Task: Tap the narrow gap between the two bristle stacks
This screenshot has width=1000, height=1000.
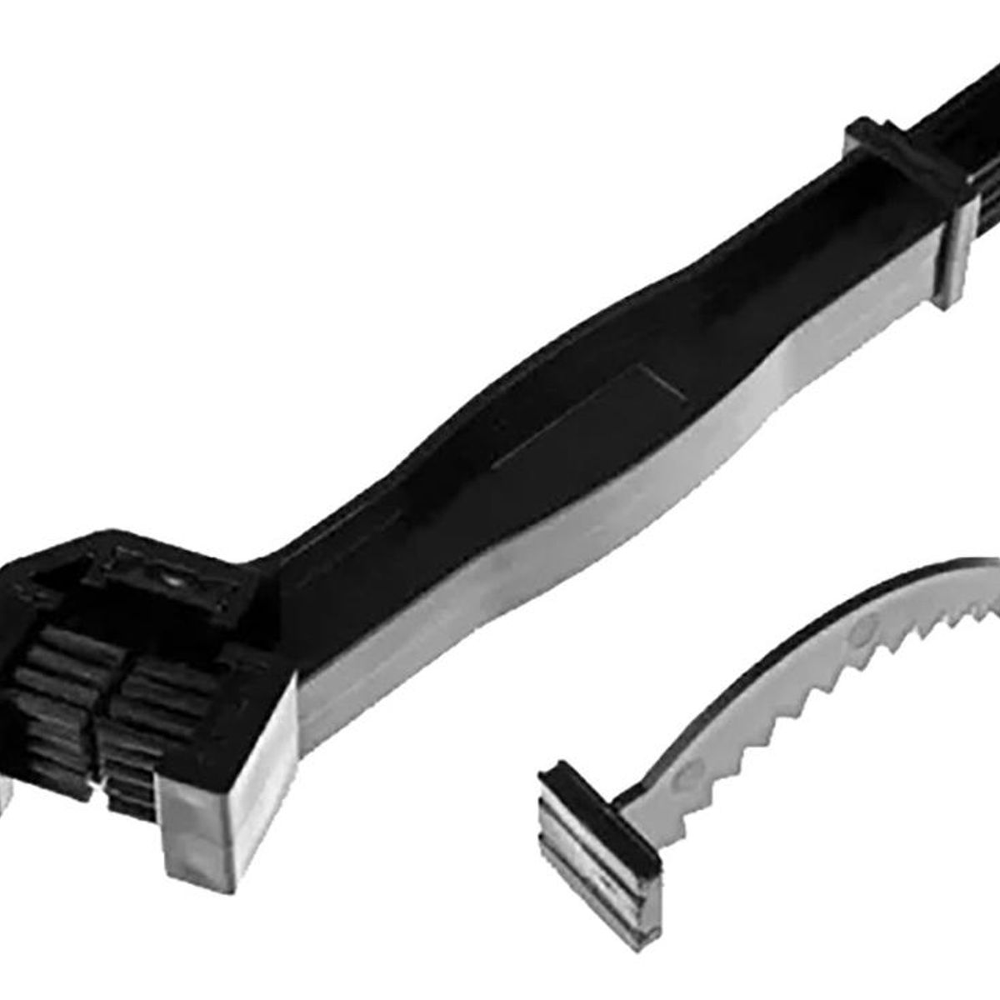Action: pyautogui.click(x=97, y=717)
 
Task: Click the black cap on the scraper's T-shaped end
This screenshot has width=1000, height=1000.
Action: pyautogui.click(x=575, y=779)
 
